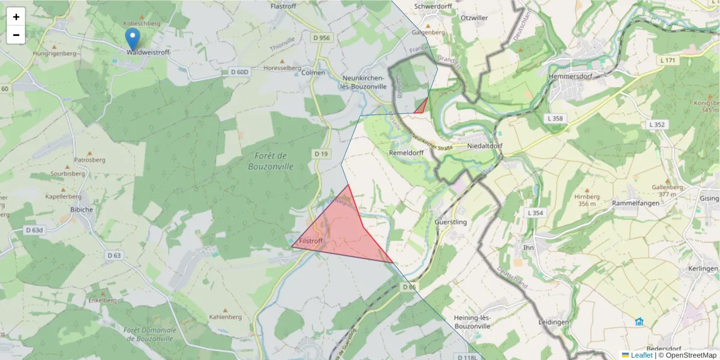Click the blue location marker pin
pyautogui.click(x=133, y=38)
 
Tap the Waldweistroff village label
pyautogui.click(x=148, y=53)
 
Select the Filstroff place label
pyautogui.click(x=310, y=241)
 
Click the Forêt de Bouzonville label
pyautogui.click(x=271, y=161)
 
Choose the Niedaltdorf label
pyautogui.click(x=484, y=146)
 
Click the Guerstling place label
pyautogui.click(x=450, y=222)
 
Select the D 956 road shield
pyautogui.click(x=321, y=38)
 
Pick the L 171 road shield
pyautogui.click(x=667, y=61)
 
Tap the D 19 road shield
pyautogui.click(x=321, y=154)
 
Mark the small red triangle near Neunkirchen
pyautogui.click(x=422, y=107)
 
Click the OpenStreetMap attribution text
pyautogui.click(x=687, y=355)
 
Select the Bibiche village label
pyautogui.click(x=82, y=209)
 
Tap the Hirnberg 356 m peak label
pyautogui.click(x=587, y=200)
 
